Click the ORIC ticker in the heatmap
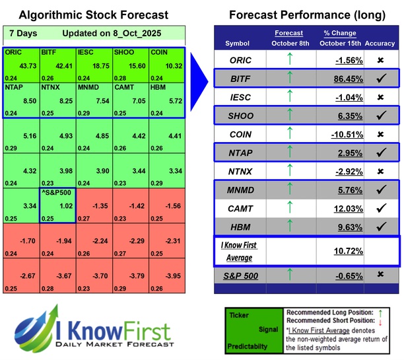point(13,52)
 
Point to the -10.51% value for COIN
point(341,135)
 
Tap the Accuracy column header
point(382,43)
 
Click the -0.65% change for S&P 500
point(341,273)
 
